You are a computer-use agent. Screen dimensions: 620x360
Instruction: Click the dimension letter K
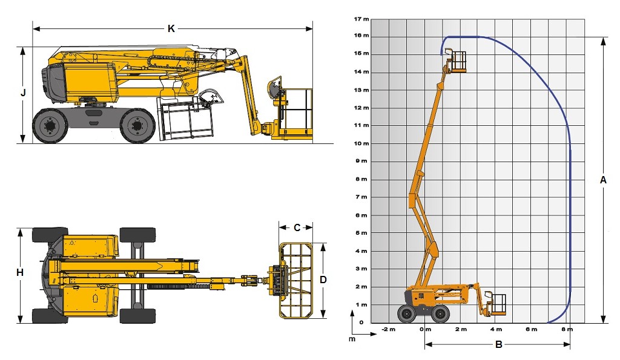tap(171, 28)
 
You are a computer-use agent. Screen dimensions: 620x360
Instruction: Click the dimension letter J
tap(24, 93)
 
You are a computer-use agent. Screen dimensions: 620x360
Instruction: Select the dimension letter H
tap(20, 273)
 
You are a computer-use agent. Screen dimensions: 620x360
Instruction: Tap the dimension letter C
tap(297, 227)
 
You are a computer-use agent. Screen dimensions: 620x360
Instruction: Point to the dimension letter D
tap(323, 280)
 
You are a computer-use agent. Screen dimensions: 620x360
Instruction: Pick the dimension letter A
tap(603, 180)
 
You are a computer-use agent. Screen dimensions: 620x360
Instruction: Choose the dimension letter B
tap(499, 345)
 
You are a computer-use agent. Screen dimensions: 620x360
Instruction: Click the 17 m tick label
tap(361, 19)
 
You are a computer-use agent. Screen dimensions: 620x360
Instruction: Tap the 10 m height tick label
tap(361, 143)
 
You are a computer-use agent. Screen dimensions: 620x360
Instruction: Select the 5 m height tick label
tap(361, 233)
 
